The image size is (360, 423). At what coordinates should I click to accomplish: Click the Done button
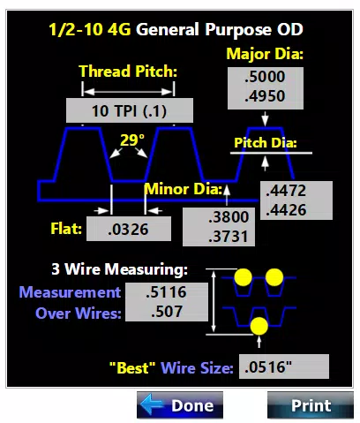tap(180, 405)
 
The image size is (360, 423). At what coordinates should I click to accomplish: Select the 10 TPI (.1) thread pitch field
tap(130, 110)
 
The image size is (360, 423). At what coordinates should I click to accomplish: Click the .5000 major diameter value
tap(265, 77)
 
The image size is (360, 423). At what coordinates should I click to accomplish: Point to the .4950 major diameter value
tap(265, 96)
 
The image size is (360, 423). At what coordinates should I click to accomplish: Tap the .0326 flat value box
tap(129, 229)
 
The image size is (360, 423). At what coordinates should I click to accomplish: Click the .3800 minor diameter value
tap(229, 217)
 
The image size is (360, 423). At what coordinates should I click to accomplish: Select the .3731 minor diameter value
tap(229, 237)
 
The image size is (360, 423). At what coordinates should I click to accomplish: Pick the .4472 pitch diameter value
tap(286, 191)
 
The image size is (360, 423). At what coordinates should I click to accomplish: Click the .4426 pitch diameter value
tap(286, 210)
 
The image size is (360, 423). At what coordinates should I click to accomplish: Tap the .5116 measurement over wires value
tap(166, 292)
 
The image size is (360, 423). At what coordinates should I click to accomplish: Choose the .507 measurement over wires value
tap(167, 312)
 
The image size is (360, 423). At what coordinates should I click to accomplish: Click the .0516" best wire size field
tap(284, 366)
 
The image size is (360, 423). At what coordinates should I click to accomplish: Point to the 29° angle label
tap(132, 140)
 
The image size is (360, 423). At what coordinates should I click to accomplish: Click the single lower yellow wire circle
tap(259, 326)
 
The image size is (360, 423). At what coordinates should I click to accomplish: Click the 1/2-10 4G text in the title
tap(90, 29)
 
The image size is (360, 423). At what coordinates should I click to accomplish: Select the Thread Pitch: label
tap(128, 72)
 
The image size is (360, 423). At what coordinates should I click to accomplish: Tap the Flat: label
tap(66, 229)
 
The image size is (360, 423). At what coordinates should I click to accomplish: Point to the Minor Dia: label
tap(183, 189)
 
